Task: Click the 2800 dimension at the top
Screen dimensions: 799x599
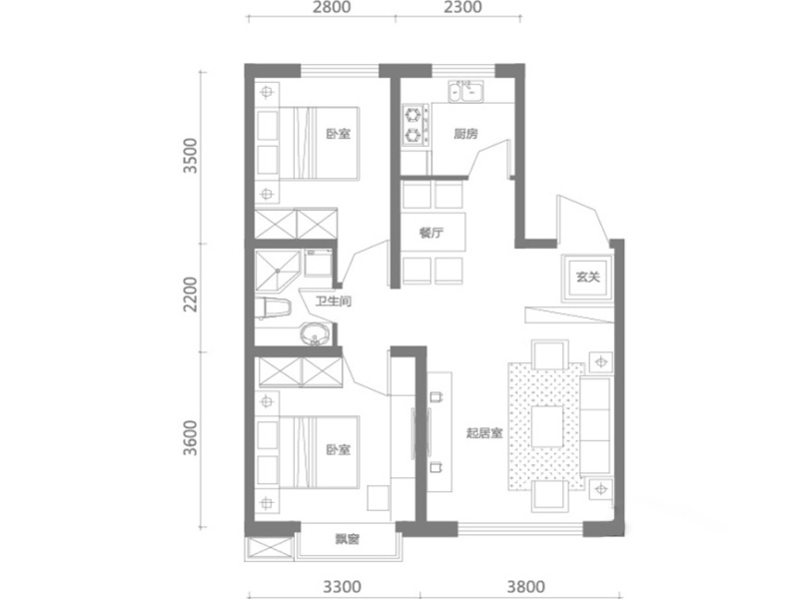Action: (x=332, y=7)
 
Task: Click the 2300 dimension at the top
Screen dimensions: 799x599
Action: (x=462, y=7)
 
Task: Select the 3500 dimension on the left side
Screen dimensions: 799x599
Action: (x=191, y=156)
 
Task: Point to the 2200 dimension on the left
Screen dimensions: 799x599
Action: (x=191, y=295)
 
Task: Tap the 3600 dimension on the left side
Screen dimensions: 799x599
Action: (x=191, y=438)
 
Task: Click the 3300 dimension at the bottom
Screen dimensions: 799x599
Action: (x=343, y=587)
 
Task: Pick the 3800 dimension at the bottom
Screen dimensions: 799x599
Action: (x=526, y=587)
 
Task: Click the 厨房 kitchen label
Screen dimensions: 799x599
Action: (x=465, y=134)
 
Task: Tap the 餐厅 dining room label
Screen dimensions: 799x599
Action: (x=431, y=234)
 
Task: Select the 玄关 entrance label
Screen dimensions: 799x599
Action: (x=588, y=278)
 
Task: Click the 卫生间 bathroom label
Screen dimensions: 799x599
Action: (x=334, y=301)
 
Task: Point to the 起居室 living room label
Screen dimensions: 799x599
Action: (x=484, y=433)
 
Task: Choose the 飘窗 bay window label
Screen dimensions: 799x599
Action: (x=348, y=539)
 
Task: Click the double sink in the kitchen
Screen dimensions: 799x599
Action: (x=466, y=91)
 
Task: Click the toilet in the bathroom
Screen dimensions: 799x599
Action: (x=272, y=308)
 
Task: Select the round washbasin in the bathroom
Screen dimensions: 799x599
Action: (x=315, y=334)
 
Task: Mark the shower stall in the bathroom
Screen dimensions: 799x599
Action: (x=277, y=271)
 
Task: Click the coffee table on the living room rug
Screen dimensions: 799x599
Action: (x=547, y=426)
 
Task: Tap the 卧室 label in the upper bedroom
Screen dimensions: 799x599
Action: (x=339, y=134)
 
